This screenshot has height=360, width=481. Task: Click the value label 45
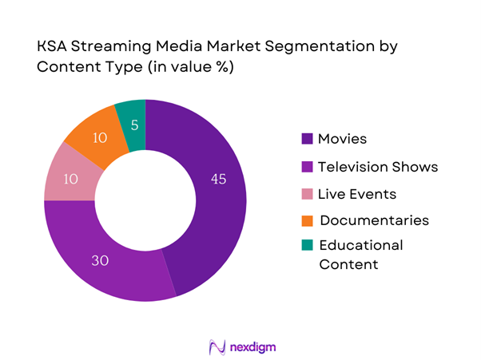point(217,179)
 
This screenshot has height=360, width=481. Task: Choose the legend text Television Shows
point(378,167)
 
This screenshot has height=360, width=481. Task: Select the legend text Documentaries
point(374,220)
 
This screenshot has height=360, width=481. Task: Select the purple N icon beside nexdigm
point(215,346)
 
